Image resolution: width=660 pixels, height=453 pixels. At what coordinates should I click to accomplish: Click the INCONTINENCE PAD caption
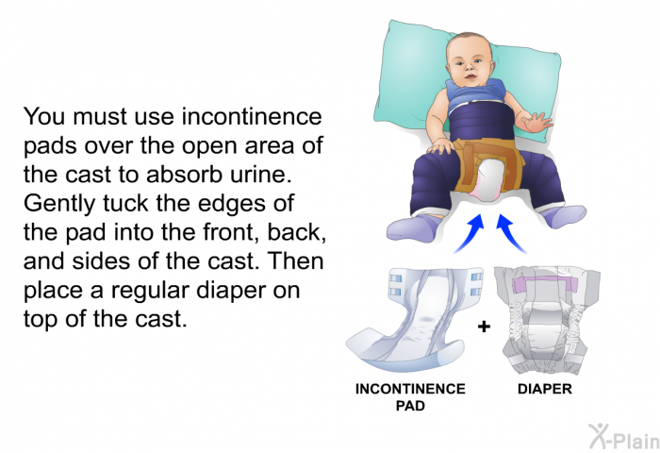click(409, 396)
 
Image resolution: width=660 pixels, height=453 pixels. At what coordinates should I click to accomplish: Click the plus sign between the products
click(484, 327)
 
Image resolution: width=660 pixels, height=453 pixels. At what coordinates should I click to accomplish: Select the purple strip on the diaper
click(546, 286)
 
